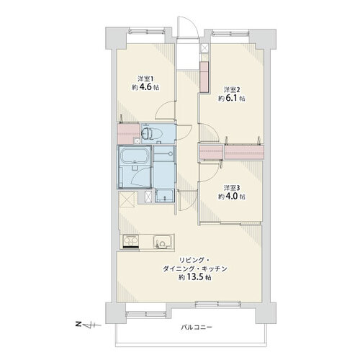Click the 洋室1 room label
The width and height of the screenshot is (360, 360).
(145, 78)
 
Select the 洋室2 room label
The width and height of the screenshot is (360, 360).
(232, 90)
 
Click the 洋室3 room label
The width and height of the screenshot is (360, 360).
(232, 188)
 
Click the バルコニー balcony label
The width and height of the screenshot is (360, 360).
(197, 327)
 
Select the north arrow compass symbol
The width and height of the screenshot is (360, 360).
(89, 325)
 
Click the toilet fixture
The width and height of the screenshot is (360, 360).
(148, 134)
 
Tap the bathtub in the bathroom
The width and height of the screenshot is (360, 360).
(134, 156)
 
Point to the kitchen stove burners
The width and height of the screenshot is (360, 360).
(131, 241)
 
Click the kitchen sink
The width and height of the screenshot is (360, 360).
(162, 242)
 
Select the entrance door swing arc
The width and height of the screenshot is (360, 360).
(194, 24)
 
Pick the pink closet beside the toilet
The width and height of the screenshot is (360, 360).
(128, 134)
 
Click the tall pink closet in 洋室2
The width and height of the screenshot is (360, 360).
(204, 77)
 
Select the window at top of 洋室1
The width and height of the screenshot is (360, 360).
(146, 31)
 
